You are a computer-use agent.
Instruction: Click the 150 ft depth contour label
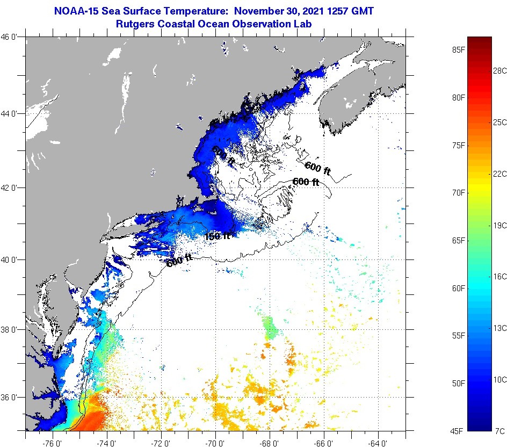pos(217,236)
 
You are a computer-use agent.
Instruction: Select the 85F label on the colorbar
pos(458,50)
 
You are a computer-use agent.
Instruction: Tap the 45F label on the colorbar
pos(458,430)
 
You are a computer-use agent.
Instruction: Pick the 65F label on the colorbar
pos(458,240)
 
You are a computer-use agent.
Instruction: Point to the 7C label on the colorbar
pos(499,430)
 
